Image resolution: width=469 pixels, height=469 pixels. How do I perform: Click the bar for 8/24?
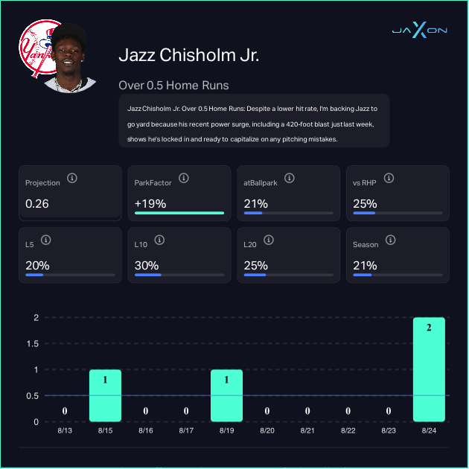coord(429,370)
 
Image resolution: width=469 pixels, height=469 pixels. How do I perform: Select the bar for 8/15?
coord(105,395)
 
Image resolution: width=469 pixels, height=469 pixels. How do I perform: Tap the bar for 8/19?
coord(226,395)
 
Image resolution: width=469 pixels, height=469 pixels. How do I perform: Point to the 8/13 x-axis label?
coord(65,430)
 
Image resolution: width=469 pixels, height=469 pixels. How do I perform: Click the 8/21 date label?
coord(307,430)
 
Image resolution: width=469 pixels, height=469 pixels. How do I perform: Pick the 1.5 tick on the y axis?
coord(31,344)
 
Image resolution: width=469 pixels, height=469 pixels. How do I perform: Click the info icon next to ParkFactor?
coord(183,179)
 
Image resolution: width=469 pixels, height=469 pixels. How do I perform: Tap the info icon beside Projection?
coord(72,179)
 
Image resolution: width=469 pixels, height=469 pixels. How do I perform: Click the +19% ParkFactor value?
coord(150,203)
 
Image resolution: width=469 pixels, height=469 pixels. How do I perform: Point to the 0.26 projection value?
coord(37,203)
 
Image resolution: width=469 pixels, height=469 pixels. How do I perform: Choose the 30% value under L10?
coord(146,265)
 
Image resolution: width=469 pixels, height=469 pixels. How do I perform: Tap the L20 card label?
coord(251,244)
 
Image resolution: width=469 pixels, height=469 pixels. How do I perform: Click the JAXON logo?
coord(419,31)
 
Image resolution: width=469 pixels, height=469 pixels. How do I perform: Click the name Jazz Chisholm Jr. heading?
coord(188,56)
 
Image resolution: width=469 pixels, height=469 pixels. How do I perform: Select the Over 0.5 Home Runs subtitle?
coord(173,85)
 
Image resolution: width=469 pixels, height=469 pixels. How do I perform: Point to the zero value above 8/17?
coord(186,411)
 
